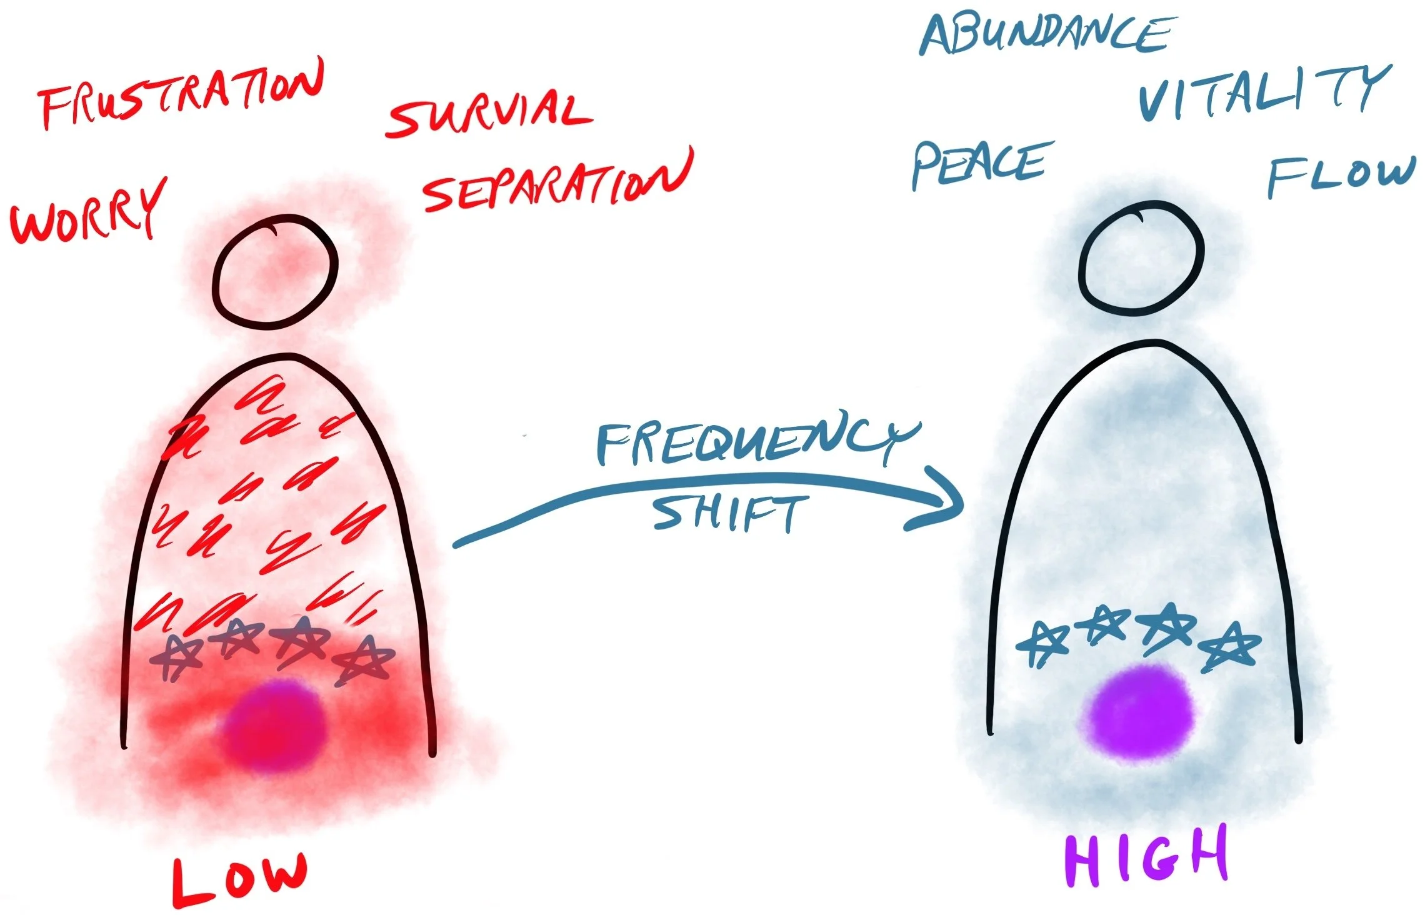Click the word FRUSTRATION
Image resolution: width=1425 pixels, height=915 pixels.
click(181, 95)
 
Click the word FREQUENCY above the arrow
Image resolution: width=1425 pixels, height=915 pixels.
click(756, 441)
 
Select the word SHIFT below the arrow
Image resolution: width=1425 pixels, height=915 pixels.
click(728, 514)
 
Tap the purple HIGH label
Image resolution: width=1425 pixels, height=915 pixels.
click(1147, 856)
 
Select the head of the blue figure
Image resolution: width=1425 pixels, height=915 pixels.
click(1141, 256)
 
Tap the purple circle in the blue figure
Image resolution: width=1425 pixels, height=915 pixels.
click(1141, 712)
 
